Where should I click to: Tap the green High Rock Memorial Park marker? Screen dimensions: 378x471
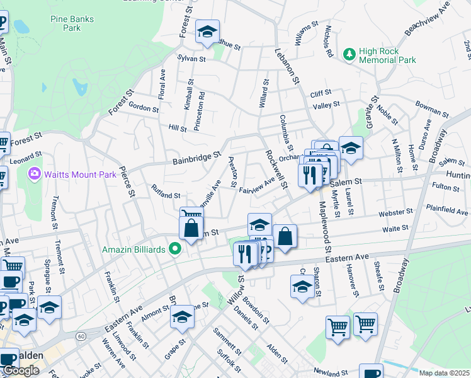pyautogui.click(x=350, y=55)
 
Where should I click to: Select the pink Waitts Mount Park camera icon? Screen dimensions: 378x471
pyautogui.click(x=34, y=173)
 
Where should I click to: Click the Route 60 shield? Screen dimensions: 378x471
pyautogui.click(x=81, y=336)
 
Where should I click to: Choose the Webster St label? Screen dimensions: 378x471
pyautogui.click(x=395, y=214)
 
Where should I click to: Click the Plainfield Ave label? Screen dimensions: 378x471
pyautogui.click(x=446, y=209)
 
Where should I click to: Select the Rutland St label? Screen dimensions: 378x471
pyautogui.click(x=167, y=192)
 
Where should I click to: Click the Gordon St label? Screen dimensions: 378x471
pyautogui.click(x=143, y=108)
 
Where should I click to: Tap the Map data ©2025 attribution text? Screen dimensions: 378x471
pyautogui.click(x=444, y=373)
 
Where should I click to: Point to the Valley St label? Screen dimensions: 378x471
pyautogui.click(x=326, y=105)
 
